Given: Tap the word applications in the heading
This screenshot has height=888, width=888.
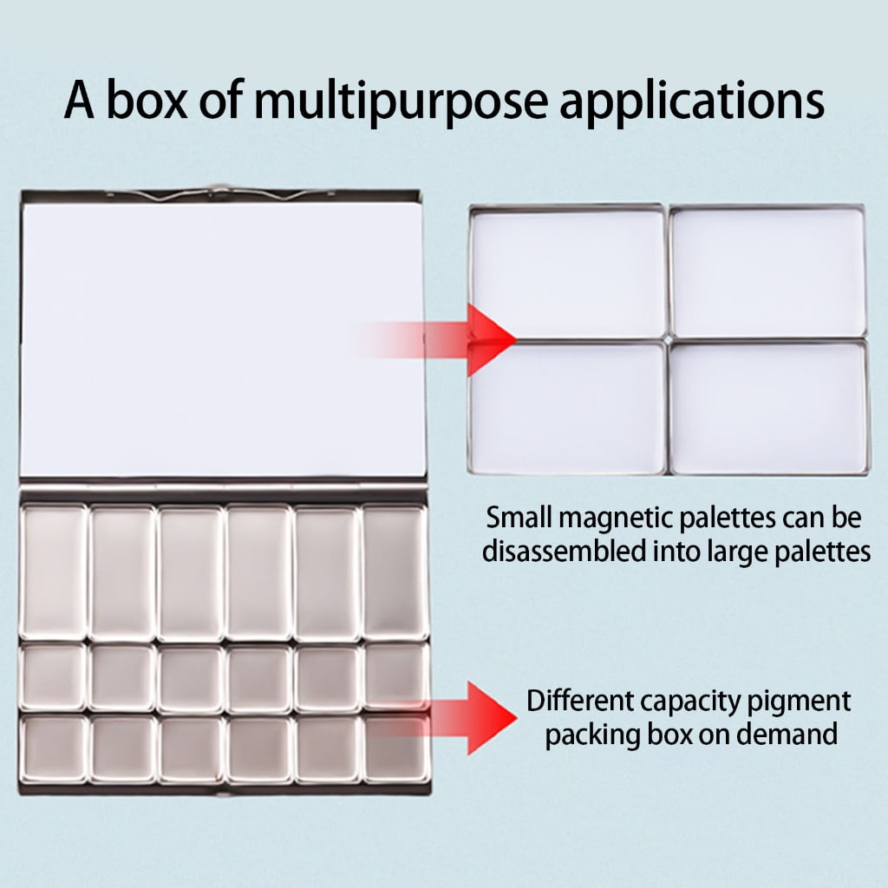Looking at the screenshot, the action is tap(692, 102).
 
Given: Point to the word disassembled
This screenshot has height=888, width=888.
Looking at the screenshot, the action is tap(564, 551).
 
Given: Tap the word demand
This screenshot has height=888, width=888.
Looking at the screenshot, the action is tap(787, 735).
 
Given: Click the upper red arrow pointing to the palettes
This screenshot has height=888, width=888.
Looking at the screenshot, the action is tap(437, 340).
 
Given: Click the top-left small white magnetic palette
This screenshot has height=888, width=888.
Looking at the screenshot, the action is tap(569, 273).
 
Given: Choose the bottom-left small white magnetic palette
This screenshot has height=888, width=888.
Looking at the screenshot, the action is tap(568, 408).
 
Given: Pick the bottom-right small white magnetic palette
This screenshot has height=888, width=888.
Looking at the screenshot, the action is tap(768, 407).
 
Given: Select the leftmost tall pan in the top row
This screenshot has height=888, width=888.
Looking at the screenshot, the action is tap(54, 572).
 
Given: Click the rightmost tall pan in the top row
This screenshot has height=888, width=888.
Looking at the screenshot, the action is tap(395, 572).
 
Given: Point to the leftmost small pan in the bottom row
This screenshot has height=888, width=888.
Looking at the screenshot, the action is tap(54, 748).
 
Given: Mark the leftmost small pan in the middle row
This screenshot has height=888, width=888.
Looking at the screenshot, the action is tap(54, 677).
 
